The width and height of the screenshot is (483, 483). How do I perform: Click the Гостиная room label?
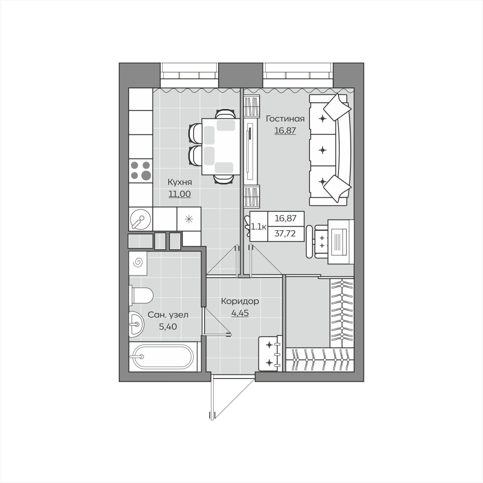point(285,118)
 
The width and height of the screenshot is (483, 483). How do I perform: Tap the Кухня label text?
point(180,182)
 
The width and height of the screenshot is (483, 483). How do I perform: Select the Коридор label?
point(240,301)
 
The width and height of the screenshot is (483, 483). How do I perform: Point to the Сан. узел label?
point(168,315)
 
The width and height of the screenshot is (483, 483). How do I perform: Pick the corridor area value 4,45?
point(240,313)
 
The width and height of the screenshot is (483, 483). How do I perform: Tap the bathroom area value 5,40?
point(168,327)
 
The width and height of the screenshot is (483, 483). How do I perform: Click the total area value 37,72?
point(286,234)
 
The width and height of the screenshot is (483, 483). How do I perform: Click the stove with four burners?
point(141,171)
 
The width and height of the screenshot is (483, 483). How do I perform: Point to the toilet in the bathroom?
point(141,295)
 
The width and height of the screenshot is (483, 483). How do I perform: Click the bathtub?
point(163,357)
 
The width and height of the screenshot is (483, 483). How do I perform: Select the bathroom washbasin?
point(136,325)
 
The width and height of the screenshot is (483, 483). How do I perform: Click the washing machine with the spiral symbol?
point(138,263)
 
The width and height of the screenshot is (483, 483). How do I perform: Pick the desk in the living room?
point(341,241)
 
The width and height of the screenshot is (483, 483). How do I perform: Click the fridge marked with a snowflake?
point(189,219)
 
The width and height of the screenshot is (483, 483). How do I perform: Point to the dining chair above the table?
point(225,114)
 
